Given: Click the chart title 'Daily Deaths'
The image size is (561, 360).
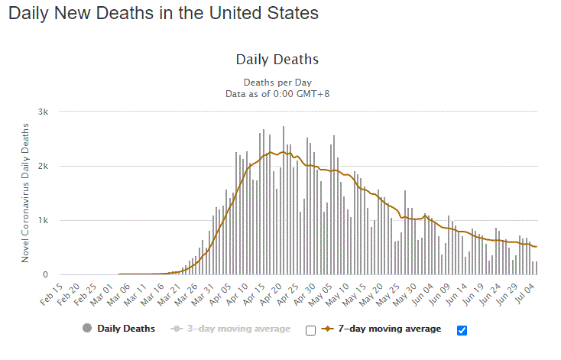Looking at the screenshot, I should [277, 60].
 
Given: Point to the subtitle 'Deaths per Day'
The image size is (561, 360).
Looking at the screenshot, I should [277, 83].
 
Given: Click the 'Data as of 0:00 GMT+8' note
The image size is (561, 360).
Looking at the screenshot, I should [277, 94].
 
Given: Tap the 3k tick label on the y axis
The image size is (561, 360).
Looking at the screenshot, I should [44, 112].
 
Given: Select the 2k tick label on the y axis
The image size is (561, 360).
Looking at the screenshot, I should [44, 166].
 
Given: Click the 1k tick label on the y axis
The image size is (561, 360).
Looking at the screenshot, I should [44, 221].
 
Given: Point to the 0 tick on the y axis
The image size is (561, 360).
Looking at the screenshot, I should [46, 275].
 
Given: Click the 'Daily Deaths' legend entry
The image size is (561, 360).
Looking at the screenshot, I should [126, 329].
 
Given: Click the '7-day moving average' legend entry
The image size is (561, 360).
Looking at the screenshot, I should [389, 329].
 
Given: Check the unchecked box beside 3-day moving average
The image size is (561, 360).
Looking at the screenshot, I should [310, 330].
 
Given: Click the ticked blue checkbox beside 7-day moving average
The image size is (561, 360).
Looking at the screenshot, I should [461, 330].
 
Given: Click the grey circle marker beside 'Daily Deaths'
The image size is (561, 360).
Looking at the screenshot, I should [87, 329].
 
